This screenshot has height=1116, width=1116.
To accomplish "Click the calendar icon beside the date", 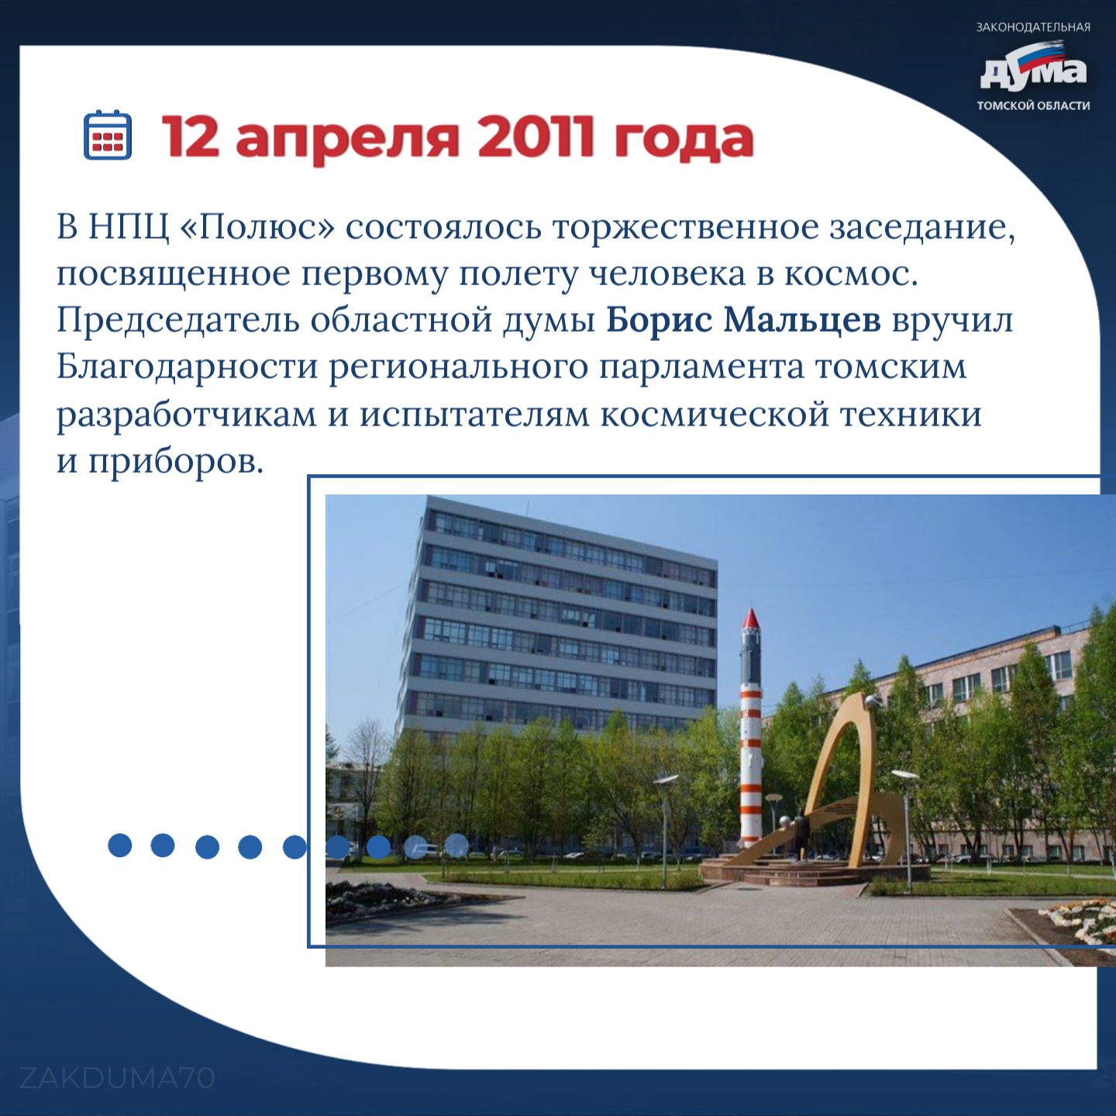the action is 108,135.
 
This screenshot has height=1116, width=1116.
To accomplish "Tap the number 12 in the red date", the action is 191,138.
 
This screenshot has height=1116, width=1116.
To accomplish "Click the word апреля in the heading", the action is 348,143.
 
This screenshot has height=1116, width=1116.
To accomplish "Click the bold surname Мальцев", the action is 802,321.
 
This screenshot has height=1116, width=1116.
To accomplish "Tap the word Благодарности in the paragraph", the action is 187,368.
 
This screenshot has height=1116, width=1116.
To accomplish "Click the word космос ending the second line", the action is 851,274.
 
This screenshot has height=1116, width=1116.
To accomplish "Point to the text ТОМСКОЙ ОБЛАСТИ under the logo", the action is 1033,105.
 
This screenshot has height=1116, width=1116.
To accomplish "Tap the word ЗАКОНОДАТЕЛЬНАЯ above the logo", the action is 1033,26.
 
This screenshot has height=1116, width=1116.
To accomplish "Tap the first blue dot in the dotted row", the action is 120,846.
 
